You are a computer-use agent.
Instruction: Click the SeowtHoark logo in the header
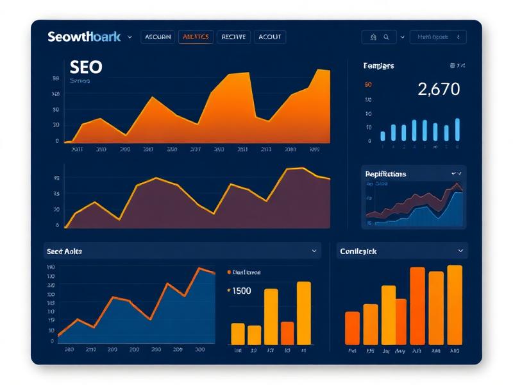[x=84, y=37]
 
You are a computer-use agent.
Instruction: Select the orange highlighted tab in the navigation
[x=196, y=37]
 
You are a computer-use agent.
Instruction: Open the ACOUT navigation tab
[x=270, y=37]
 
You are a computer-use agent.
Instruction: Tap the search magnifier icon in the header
[x=387, y=37]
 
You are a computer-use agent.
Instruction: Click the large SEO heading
[x=85, y=67]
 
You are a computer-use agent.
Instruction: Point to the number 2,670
[x=439, y=89]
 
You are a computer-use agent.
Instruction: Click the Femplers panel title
[x=378, y=66]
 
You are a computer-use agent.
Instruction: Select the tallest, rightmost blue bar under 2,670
[x=457, y=129]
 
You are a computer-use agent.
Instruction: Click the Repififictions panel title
[x=385, y=174]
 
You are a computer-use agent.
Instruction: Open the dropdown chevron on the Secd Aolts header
[x=314, y=251]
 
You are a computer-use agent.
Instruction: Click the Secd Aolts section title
[x=64, y=252]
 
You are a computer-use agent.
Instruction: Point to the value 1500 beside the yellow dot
[x=242, y=291]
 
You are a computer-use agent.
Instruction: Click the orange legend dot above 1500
[x=229, y=272]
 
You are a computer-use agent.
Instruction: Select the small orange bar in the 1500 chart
[x=287, y=333]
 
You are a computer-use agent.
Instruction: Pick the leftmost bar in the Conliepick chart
[x=353, y=328]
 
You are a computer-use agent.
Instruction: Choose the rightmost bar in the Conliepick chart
[x=455, y=305]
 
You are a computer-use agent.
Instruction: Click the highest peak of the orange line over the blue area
[x=200, y=268]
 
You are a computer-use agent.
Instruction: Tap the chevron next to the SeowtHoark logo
[x=130, y=37]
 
